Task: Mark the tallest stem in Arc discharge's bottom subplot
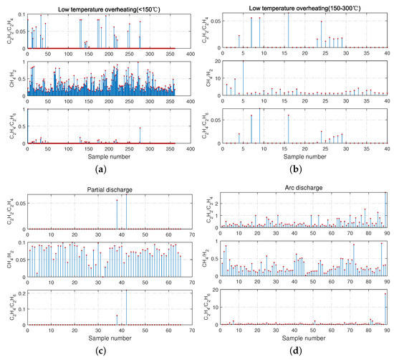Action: point(386,308)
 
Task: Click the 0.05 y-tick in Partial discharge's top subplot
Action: point(19,204)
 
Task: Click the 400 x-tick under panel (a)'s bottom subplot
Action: point(189,148)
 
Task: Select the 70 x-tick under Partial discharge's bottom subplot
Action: point(189,330)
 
